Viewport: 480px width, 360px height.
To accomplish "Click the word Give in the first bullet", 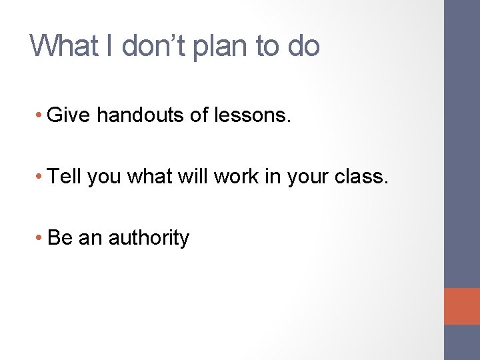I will point(70,116).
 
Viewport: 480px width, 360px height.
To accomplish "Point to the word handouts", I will point(139,116).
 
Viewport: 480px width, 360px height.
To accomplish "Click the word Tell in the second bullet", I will point(64,177).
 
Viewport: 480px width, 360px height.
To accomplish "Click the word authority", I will point(149,238).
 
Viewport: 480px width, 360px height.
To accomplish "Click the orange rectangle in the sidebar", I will point(462,306).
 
